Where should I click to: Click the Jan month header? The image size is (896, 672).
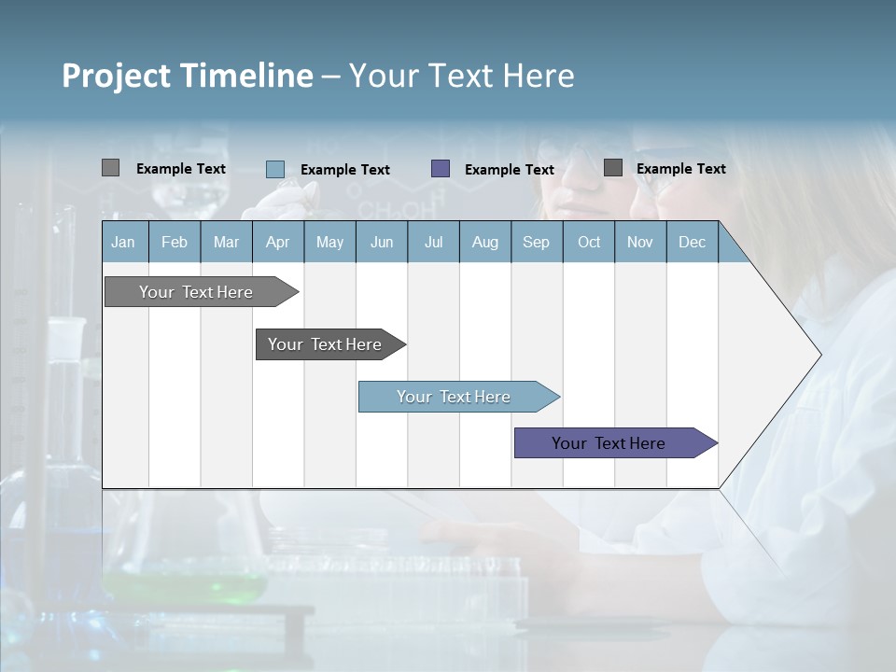(x=123, y=242)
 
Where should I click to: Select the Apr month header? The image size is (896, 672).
(x=277, y=242)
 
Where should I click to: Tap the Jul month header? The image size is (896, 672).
(x=433, y=242)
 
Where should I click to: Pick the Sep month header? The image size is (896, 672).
(x=536, y=242)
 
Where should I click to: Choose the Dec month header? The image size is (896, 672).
(x=692, y=242)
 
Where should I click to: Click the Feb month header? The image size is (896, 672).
(x=174, y=242)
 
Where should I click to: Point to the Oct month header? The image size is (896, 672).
(x=589, y=242)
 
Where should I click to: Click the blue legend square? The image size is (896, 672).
(x=275, y=169)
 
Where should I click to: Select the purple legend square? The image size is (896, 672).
(x=441, y=168)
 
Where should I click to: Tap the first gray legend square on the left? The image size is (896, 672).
(x=110, y=168)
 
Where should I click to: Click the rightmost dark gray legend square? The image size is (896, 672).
(x=613, y=167)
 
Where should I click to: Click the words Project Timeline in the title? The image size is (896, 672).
(x=187, y=76)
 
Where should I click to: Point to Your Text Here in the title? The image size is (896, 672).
(x=461, y=76)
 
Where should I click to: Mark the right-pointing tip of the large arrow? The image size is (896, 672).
(x=819, y=354)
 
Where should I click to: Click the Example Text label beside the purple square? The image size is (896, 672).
(x=509, y=169)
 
